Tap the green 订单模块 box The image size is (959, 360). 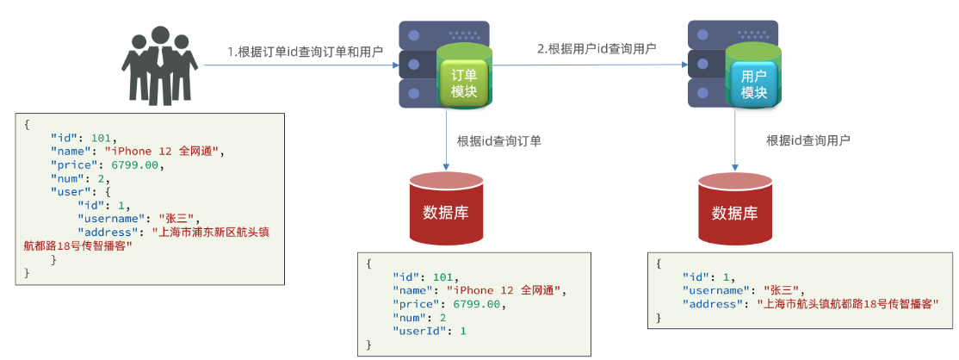coord(464,83)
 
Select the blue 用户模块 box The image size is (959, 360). coord(753,83)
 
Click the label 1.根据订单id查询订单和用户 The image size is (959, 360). coord(305,51)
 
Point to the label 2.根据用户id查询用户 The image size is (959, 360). coord(597,48)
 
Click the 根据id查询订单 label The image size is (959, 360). coord(499,140)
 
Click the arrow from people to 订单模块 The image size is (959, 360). coord(301,65)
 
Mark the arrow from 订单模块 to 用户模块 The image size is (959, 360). coord(594,65)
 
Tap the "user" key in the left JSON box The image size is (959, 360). coord(68,192)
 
